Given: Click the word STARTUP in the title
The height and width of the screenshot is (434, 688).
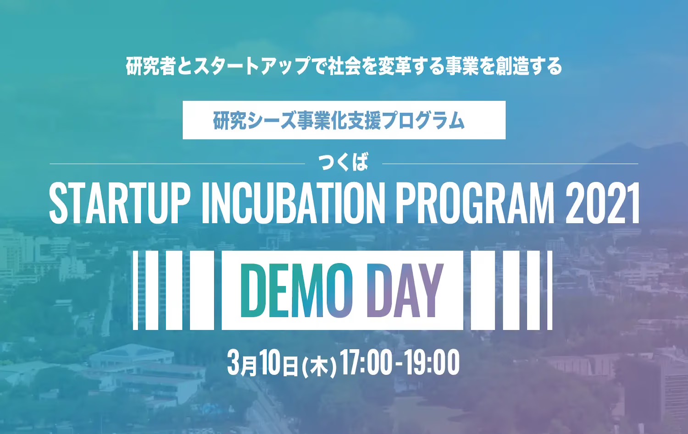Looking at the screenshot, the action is click(119, 203).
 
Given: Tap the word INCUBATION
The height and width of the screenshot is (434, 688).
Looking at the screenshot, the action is click(294, 203).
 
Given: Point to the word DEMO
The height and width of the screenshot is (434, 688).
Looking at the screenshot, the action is click(297, 291).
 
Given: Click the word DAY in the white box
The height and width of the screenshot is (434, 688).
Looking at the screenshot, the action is click(405, 291).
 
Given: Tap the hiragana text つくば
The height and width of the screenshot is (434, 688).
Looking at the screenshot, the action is click(344, 162).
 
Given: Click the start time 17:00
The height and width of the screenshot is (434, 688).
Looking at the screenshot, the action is click(366, 363).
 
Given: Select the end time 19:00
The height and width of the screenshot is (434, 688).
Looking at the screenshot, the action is click(432, 363).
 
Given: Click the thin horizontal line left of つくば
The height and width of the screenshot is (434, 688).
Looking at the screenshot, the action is click(177, 164).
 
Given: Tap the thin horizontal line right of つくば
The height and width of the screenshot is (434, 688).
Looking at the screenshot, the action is click(510, 164).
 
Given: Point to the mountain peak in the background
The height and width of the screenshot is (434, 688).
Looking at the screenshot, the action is click(630, 145).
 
